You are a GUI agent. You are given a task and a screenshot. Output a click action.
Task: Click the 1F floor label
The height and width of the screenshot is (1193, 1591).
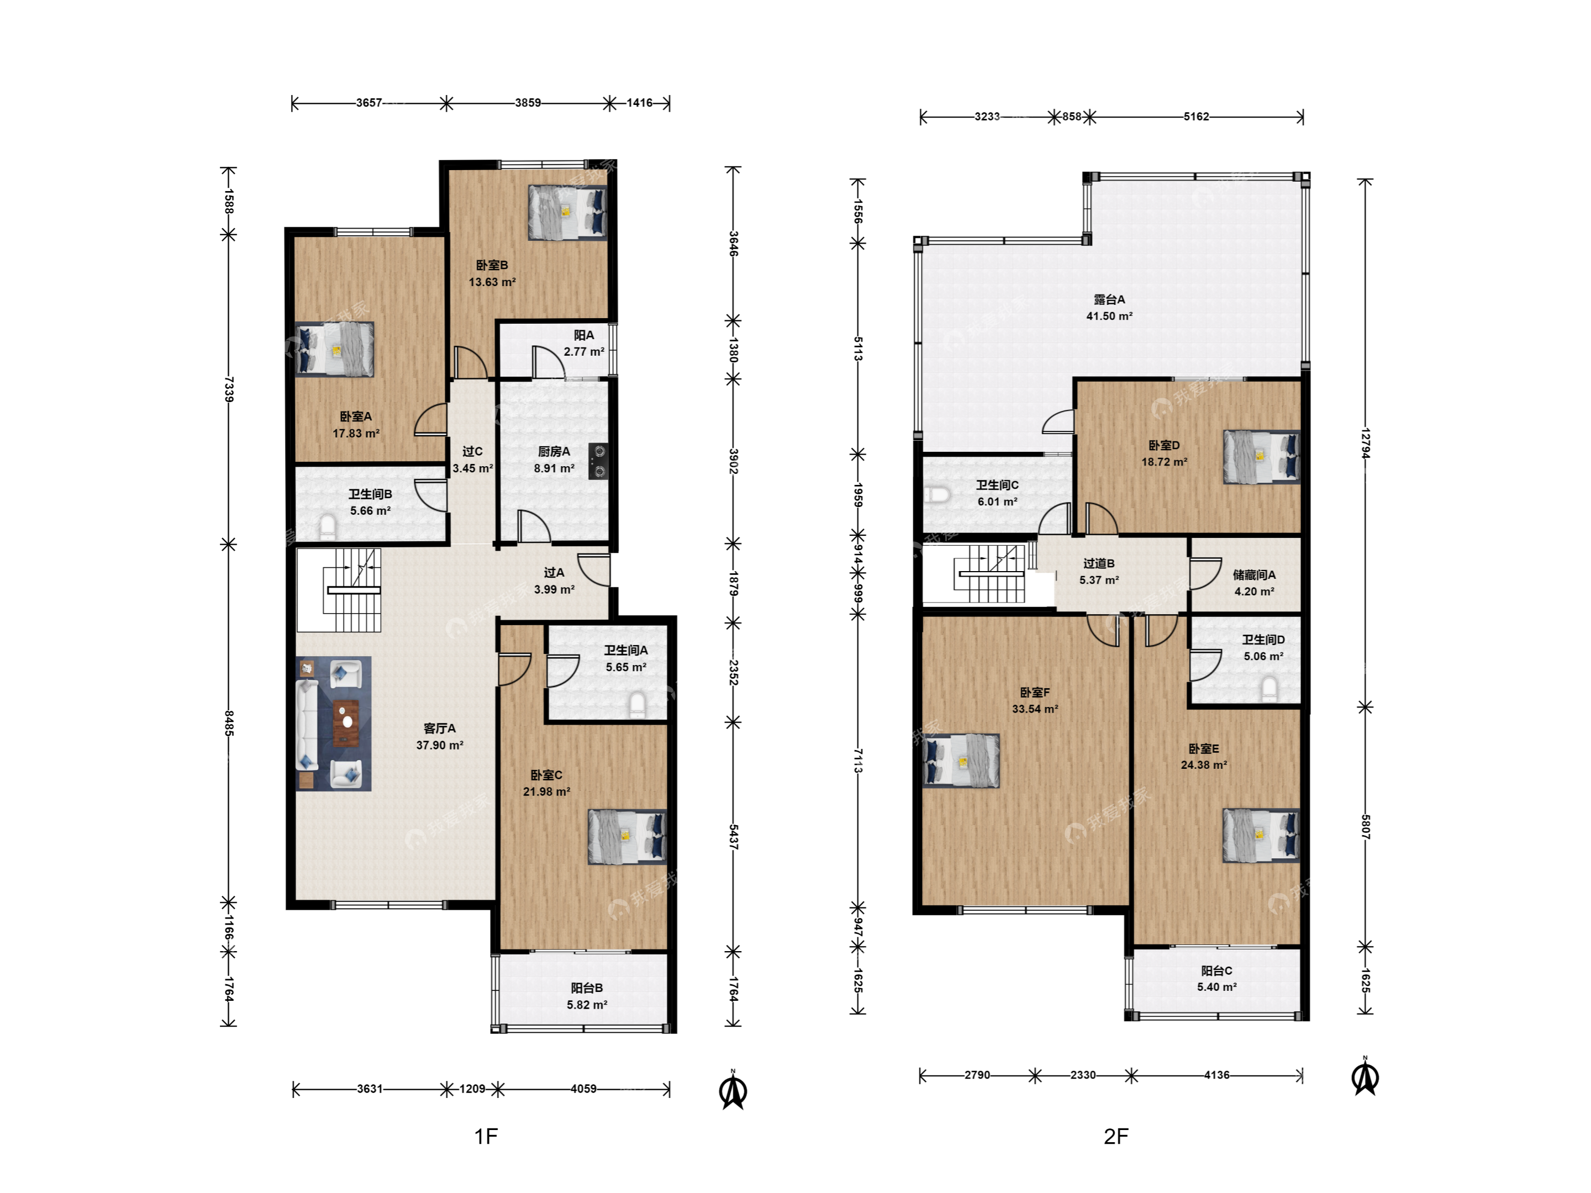[486, 1136]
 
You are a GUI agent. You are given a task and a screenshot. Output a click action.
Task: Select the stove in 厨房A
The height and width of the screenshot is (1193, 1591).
[598, 461]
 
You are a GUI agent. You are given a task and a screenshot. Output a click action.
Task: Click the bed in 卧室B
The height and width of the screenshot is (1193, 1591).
[567, 213]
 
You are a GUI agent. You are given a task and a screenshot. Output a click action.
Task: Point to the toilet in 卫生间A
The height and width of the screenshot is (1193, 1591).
[638, 705]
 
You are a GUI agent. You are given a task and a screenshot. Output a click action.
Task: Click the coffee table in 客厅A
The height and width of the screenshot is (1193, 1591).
[347, 722]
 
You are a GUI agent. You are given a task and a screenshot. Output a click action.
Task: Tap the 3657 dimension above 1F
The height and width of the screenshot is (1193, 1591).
[369, 103]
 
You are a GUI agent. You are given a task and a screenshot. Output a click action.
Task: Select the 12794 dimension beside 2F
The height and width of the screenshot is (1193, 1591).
[1365, 443]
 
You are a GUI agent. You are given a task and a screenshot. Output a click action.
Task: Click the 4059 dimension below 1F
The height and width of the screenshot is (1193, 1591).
[583, 1089]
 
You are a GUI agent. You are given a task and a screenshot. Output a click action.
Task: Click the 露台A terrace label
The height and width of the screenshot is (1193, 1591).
[1109, 299]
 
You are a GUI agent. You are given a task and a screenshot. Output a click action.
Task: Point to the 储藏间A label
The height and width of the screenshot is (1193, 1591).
[1255, 574]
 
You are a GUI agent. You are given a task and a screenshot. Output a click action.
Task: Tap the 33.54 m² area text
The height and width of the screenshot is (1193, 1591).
[1035, 709]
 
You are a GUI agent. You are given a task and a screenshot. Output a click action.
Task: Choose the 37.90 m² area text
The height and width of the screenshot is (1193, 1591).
[440, 746]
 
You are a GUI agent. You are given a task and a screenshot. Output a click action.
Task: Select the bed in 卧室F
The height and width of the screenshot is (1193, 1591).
[961, 761]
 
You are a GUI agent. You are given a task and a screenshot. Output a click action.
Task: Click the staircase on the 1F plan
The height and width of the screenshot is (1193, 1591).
[339, 590]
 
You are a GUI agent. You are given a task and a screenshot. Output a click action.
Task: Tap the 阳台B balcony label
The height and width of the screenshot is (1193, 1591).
[587, 988]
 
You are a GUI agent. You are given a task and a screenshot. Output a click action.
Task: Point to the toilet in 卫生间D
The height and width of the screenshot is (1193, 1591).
[1269, 689]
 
